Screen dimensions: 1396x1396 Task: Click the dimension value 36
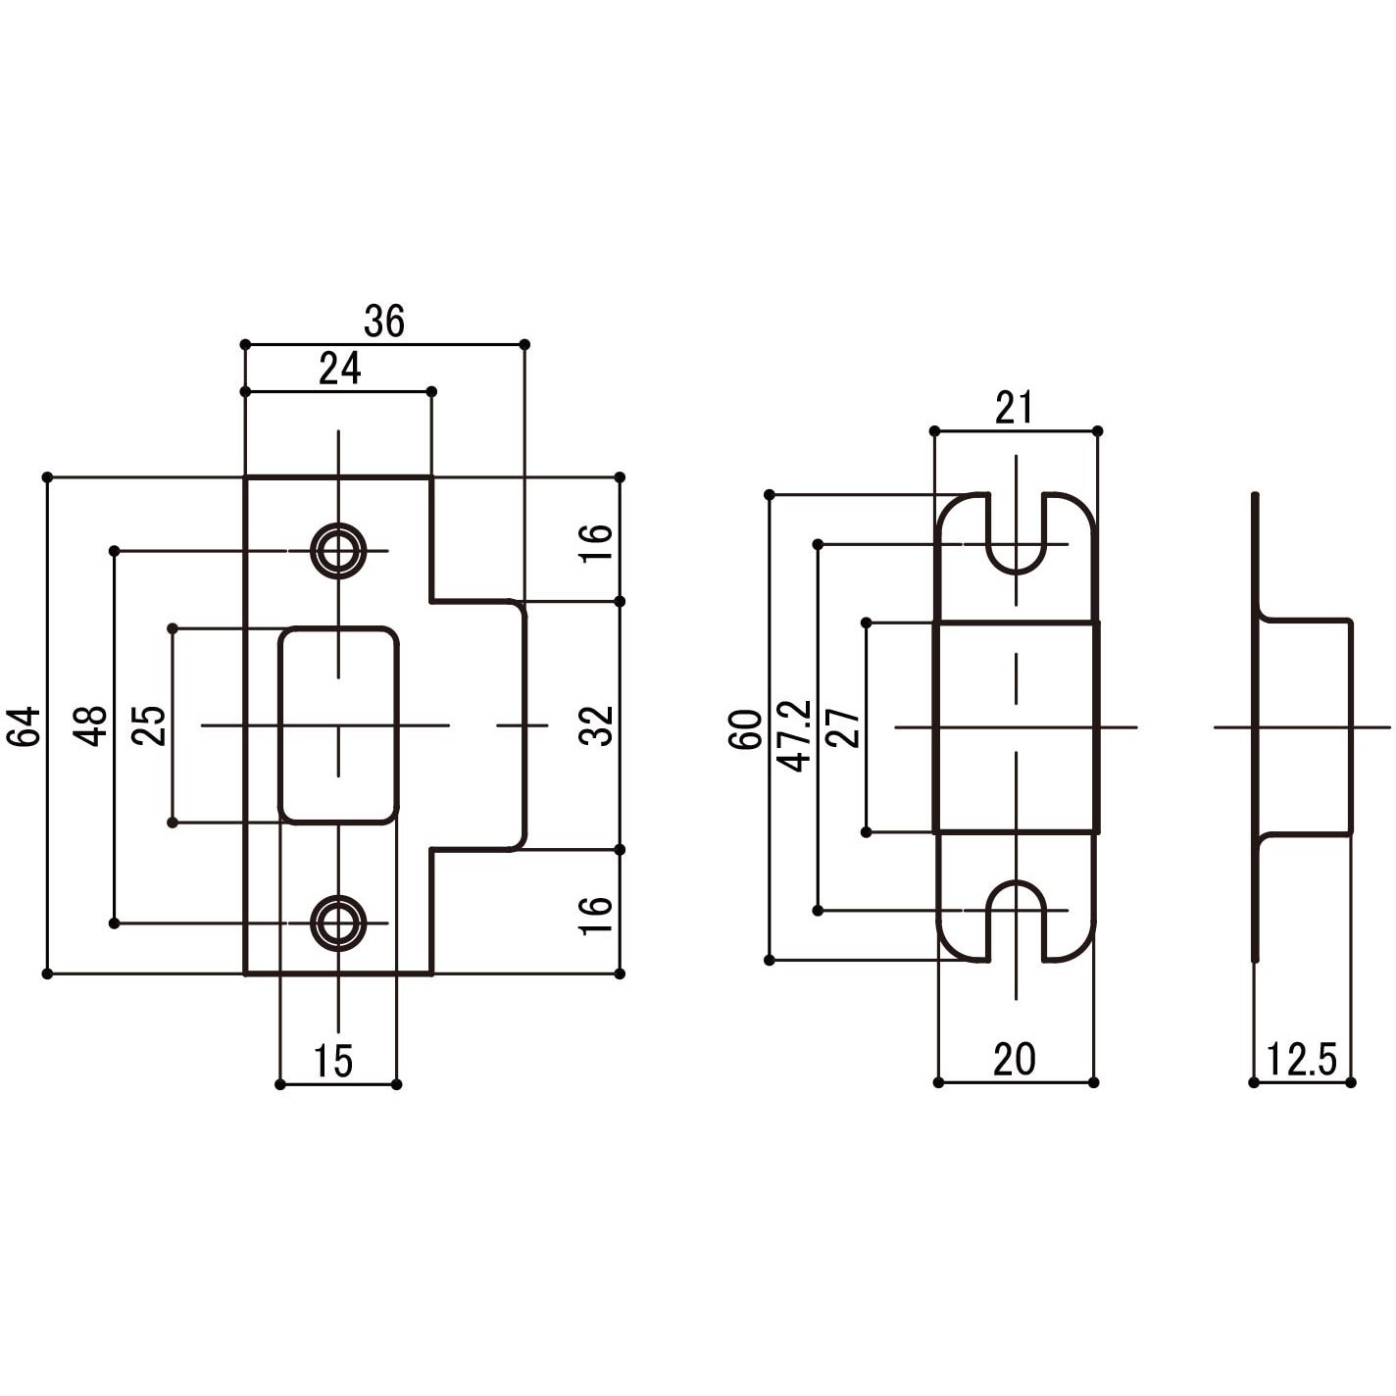tap(383, 322)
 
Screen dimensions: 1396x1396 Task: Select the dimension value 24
tap(339, 369)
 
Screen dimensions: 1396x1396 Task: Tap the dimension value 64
tap(25, 725)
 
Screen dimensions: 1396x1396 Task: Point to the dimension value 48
tap(92, 725)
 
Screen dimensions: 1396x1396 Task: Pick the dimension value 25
tap(150, 725)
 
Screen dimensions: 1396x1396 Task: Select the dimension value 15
tap(333, 1061)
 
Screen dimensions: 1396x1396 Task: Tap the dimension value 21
tap(1014, 408)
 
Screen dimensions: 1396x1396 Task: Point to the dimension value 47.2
tap(794, 735)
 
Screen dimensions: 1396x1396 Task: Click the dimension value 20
tap(1014, 1060)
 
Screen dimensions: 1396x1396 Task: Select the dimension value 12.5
tap(1301, 1060)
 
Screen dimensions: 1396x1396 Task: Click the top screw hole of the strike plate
tap(338, 551)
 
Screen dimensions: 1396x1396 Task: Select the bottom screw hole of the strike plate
tap(338, 922)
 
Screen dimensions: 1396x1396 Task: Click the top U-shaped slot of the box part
tap(1016, 537)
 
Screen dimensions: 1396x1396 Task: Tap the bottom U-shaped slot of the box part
tap(1016, 916)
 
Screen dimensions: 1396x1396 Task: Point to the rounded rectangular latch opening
tap(338, 725)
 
